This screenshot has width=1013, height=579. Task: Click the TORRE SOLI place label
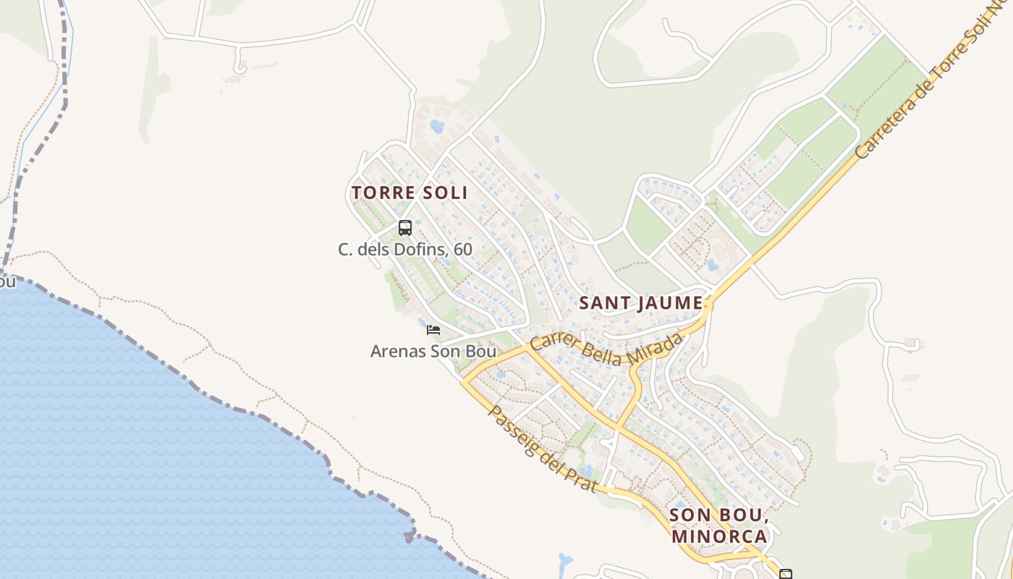(410, 193)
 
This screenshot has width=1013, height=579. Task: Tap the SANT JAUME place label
(641, 303)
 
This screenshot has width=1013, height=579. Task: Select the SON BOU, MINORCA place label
(719, 525)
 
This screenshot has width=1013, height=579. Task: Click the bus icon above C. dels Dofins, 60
(405, 228)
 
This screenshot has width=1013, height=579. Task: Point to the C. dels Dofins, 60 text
(405, 250)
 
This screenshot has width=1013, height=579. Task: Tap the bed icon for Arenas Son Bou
(433, 330)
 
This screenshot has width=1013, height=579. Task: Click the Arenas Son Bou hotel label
(433, 352)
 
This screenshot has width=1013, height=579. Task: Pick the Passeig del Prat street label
(543, 449)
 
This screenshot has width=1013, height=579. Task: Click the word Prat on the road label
(582, 479)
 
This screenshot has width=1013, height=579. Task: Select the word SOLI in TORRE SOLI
(444, 193)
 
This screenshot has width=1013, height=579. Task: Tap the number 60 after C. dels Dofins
(463, 250)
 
